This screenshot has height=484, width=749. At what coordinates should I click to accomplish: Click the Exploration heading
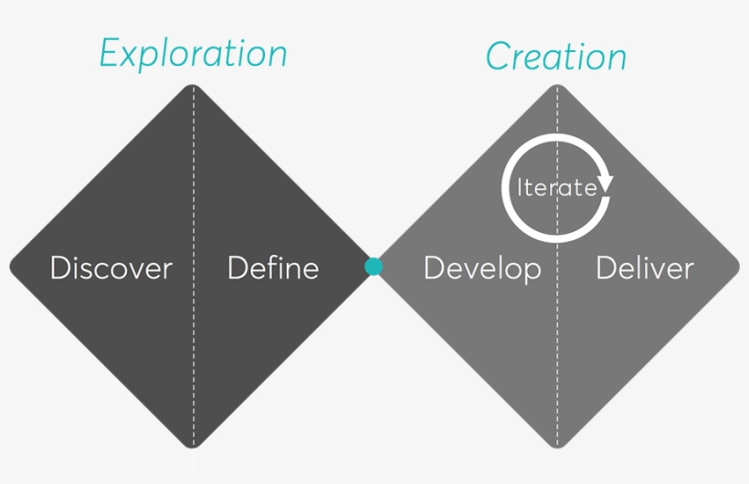[193, 55]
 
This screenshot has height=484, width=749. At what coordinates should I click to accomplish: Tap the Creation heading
[555, 57]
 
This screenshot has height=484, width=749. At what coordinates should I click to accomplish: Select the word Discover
[111, 268]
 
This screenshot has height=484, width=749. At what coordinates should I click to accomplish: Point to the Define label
[272, 268]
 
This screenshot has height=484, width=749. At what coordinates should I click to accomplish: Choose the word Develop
[481, 268]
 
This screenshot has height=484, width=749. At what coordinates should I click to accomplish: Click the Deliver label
[644, 268]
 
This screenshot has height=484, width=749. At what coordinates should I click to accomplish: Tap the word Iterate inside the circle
[556, 188]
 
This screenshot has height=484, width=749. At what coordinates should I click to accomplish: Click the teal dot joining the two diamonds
[374, 267]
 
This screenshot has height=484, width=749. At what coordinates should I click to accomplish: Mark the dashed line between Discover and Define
[193, 365]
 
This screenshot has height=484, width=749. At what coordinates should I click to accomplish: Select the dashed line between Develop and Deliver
[557, 365]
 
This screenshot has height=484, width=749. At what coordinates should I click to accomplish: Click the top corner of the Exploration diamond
[193, 87]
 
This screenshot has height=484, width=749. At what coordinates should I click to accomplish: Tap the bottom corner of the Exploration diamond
[193, 447]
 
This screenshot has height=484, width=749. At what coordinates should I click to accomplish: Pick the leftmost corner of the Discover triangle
[12, 267]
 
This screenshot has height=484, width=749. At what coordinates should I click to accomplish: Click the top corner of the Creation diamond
[557, 87]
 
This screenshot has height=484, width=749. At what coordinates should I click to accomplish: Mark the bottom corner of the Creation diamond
[557, 447]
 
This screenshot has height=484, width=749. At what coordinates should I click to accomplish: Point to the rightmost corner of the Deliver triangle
[738, 267]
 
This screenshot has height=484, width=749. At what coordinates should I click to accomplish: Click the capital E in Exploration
[111, 55]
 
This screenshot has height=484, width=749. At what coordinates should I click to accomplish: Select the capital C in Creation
[498, 58]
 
